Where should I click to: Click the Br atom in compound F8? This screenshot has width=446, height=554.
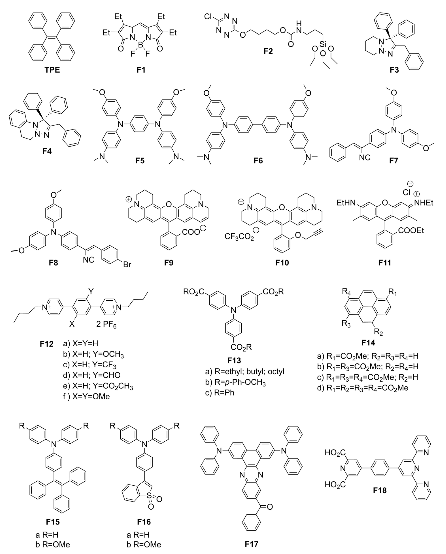tap(127, 265)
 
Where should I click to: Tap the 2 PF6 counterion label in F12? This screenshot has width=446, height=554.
tap(107, 324)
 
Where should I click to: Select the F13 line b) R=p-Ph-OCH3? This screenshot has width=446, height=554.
tap(235, 383)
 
